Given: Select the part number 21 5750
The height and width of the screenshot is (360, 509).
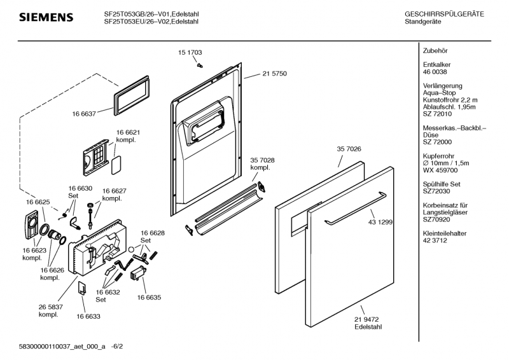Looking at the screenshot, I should click(x=274, y=74).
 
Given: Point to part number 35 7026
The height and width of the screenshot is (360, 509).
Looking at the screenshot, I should click(x=349, y=149).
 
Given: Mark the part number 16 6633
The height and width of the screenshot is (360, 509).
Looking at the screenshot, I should click(x=89, y=315).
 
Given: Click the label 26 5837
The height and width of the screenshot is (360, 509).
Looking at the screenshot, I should click(x=50, y=307).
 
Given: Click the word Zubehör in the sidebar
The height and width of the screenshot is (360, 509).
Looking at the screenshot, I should click(x=435, y=50).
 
